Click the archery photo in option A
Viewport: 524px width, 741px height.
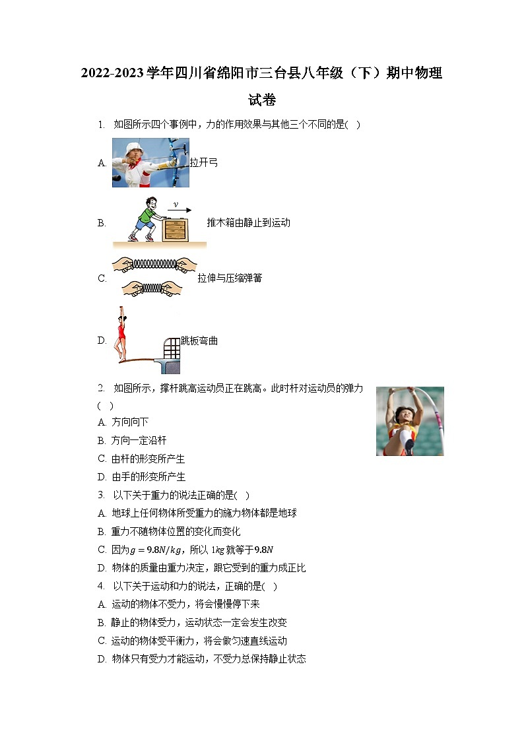coord(150,162)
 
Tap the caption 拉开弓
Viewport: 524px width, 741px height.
coord(203,162)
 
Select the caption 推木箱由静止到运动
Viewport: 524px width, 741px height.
coord(248,223)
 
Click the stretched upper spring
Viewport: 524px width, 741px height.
coord(154,264)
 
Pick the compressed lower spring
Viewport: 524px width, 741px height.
coord(152,288)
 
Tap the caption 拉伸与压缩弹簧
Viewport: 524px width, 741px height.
coord(230,278)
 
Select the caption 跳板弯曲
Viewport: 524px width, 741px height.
coord(199,341)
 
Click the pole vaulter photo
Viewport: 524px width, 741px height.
coord(410,421)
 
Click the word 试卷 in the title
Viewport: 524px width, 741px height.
coord(262,100)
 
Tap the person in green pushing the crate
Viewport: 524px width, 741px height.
coord(145,218)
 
